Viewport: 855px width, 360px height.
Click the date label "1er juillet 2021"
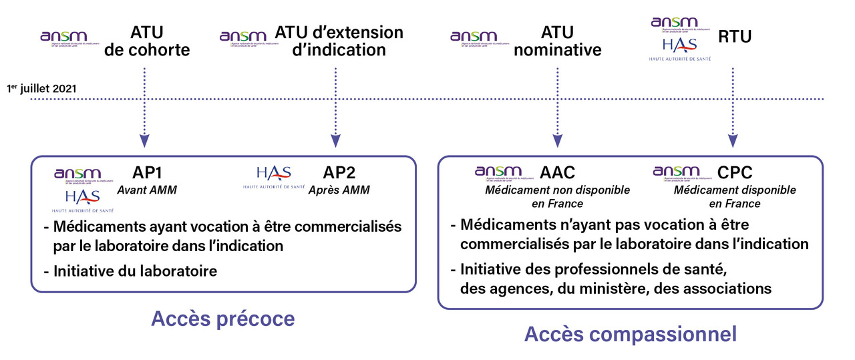42,88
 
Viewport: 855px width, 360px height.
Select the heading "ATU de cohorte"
147,41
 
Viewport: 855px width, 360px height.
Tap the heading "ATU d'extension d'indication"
339,41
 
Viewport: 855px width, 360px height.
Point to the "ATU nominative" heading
558,41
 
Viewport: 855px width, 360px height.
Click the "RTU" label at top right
734,36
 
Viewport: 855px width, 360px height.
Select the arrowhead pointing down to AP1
144,141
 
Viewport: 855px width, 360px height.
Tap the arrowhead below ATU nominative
557,141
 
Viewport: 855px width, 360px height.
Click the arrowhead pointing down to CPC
733,141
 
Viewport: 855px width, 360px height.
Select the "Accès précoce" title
223,319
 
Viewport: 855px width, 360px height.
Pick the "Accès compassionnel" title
630,334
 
